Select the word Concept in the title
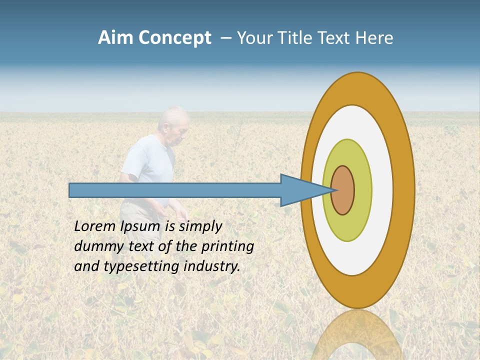point(175,38)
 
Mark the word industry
point(212,266)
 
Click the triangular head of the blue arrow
point(300,190)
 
